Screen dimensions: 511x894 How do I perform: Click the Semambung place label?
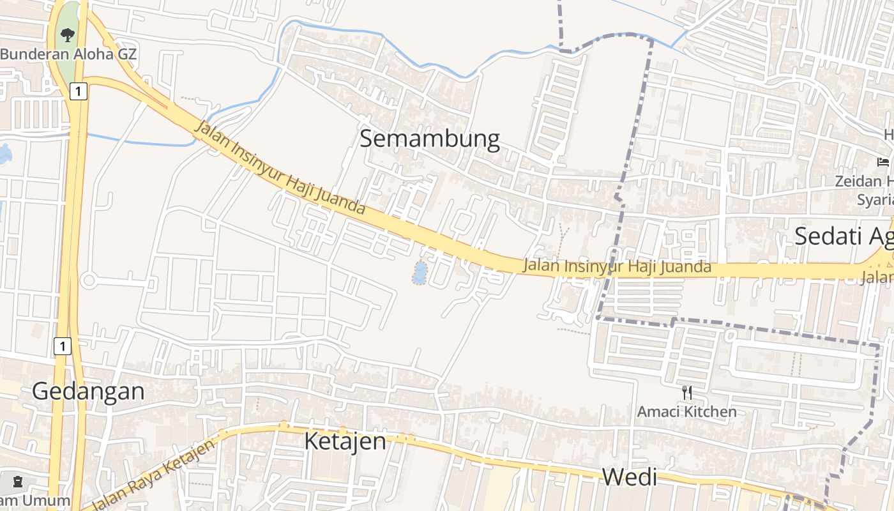tap(429, 139)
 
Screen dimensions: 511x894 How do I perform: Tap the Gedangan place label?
tap(88, 391)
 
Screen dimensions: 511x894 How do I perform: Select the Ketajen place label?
tap(345, 441)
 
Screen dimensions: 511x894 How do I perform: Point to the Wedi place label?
tap(630, 477)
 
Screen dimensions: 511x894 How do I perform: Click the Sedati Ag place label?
tap(843, 236)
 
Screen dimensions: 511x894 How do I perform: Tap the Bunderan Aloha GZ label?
tap(68, 54)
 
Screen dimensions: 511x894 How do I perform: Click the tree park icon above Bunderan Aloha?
tap(68, 34)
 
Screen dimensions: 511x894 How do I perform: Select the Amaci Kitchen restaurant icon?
tap(687, 392)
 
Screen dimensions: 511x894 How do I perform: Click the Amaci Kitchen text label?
tap(686, 411)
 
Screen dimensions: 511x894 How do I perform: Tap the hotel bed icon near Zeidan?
tap(883, 162)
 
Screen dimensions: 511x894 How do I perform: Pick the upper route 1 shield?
tap(78, 91)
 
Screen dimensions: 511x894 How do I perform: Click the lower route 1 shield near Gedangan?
tap(61, 347)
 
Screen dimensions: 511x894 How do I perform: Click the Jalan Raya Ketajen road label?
tap(151, 475)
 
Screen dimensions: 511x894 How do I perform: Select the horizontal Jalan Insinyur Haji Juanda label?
tap(616, 266)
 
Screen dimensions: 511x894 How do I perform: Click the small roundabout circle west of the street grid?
tap(89, 280)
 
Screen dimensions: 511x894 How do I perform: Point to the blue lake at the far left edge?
tap(4, 153)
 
